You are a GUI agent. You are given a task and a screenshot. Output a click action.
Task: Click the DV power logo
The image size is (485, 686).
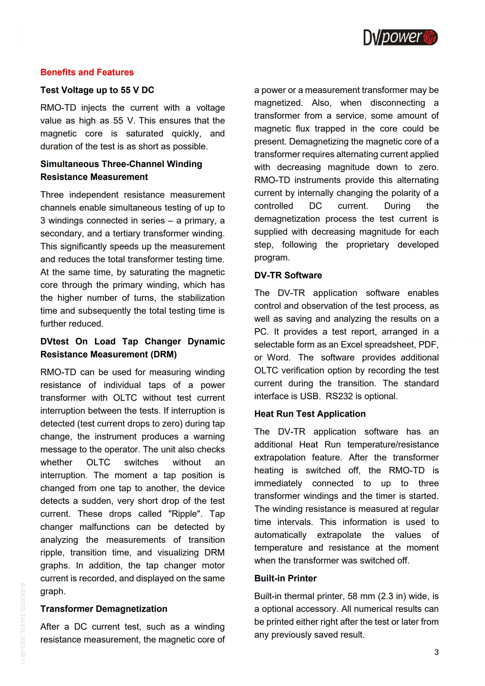point(400,37)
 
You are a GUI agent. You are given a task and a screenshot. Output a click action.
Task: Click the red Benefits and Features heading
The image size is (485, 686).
point(87,72)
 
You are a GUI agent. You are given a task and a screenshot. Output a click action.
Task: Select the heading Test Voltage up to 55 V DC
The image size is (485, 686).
point(97,90)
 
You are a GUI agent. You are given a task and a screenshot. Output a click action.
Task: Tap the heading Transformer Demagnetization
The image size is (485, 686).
point(104,609)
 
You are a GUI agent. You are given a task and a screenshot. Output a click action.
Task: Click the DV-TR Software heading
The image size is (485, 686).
point(288,275)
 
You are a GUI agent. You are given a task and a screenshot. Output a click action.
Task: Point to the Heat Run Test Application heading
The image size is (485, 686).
point(310,414)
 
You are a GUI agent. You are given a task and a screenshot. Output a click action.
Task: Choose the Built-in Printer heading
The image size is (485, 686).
point(285,578)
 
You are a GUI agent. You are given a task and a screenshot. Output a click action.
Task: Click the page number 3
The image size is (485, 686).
point(436,652)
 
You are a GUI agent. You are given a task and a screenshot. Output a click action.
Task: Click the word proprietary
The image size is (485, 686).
point(367,244)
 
